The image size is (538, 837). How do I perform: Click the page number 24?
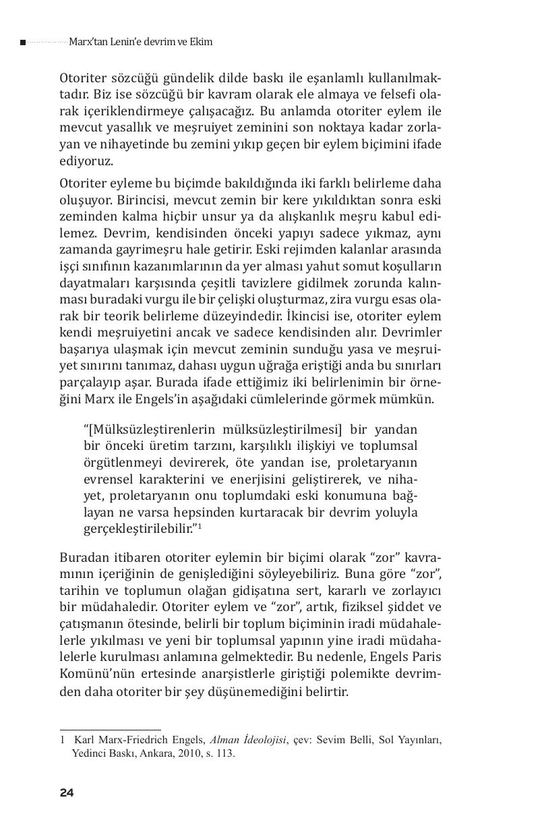pyautogui.click(x=66, y=792)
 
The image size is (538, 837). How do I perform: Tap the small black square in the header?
pyautogui.click(x=23, y=42)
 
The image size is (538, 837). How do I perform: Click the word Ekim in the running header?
pyautogui.click(x=201, y=42)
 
